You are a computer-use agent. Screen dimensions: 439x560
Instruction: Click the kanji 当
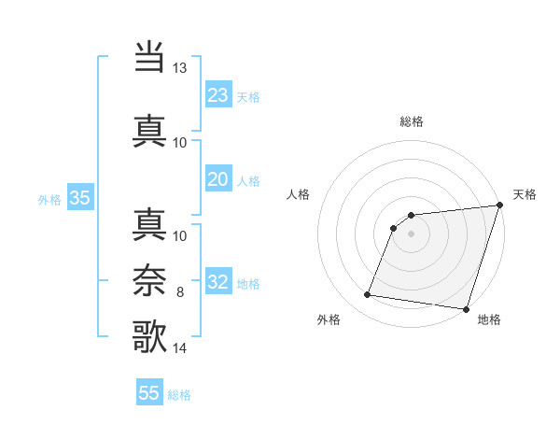pos(149,57)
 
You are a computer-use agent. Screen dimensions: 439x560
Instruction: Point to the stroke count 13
pos(179,68)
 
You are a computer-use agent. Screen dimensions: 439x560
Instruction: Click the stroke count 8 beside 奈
pos(180,292)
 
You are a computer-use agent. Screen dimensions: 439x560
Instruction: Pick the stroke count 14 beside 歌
pos(179,347)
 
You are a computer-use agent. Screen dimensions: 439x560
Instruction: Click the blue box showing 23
pos(218,94)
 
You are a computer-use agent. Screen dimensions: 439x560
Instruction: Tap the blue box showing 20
pos(218,179)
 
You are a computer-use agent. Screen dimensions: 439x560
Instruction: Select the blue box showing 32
pos(218,282)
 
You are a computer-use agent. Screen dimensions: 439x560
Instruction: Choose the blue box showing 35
pos(79,197)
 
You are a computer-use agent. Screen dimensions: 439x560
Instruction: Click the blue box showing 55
pos(149,393)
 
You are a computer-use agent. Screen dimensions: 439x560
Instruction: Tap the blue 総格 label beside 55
pos(179,395)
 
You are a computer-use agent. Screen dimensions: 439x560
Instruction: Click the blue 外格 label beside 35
pos(49,199)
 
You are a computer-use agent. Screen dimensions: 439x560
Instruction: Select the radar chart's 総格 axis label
pos(411,121)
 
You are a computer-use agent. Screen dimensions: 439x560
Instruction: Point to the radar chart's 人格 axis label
pos(298,194)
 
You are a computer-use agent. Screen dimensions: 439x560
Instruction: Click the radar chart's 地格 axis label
pos(489,319)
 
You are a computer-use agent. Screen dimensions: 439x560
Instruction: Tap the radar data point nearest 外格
pos(368,295)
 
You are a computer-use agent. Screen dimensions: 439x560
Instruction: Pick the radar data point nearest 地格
pos(465,309)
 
